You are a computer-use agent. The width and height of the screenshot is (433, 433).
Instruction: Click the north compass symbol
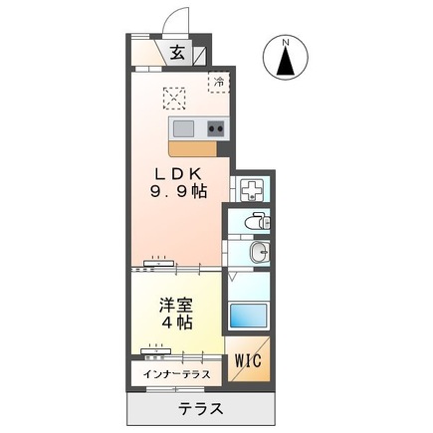(x=286, y=60)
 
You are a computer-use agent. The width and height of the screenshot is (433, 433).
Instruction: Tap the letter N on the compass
(x=286, y=42)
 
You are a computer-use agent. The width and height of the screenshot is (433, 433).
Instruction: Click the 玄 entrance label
(x=176, y=54)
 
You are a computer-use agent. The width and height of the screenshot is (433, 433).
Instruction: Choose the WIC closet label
(x=248, y=361)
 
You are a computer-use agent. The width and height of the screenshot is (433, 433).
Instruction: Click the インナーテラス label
(x=176, y=376)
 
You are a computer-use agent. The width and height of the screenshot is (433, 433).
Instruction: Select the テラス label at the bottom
(x=201, y=409)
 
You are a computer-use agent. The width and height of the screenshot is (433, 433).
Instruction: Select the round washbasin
(x=258, y=251)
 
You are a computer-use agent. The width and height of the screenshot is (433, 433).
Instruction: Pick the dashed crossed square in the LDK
(x=176, y=97)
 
